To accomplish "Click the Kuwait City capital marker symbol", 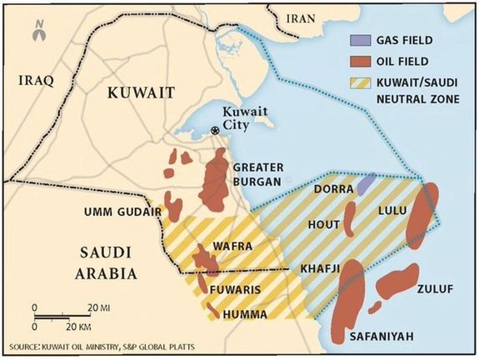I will [x=217, y=130].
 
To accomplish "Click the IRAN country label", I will [x=301, y=17].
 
